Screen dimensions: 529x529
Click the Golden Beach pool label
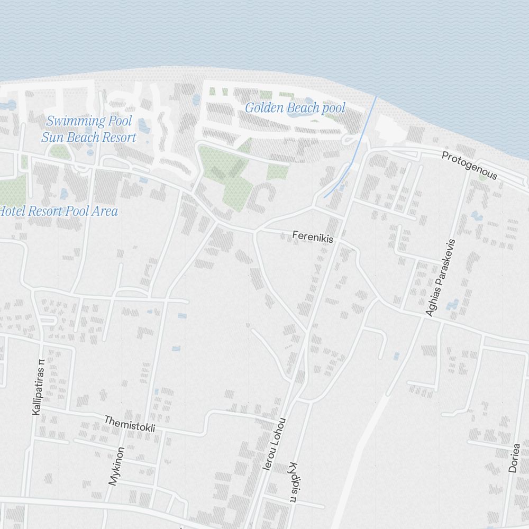tap(295, 108)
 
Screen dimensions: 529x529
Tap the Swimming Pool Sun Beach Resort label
tap(89, 130)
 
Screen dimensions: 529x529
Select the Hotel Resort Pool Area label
tap(58, 212)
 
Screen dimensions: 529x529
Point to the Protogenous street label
tap(469, 166)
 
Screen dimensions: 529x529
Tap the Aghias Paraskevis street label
tap(440, 278)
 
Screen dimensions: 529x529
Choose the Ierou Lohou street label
tap(275, 444)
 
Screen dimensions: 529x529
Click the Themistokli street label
tap(130, 424)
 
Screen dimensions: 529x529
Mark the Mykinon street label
tap(116, 466)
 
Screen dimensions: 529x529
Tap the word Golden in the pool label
tap(264, 108)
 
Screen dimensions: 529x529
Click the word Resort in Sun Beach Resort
tap(117, 138)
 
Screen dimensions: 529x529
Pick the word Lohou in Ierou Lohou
tap(279, 430)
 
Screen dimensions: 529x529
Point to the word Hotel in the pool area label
tap(11, 212)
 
